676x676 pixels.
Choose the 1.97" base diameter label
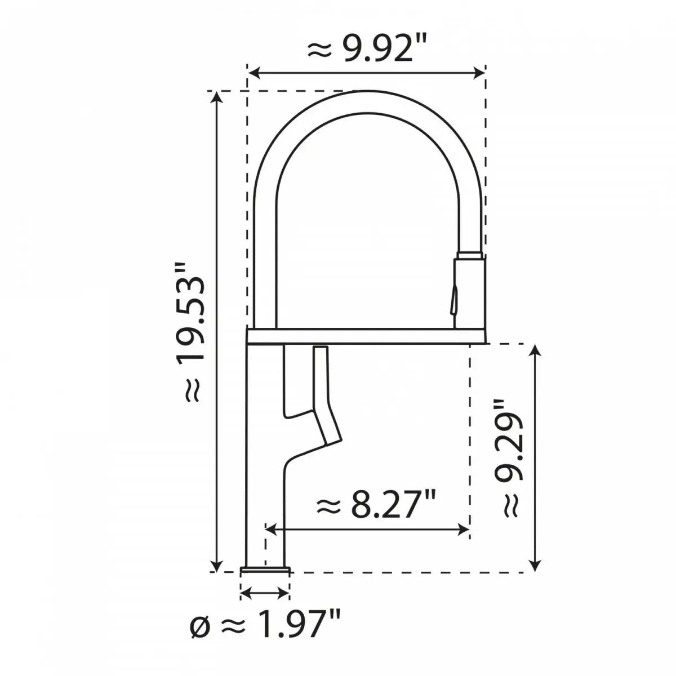click(265, 641)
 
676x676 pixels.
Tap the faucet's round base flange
click(265, 571)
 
